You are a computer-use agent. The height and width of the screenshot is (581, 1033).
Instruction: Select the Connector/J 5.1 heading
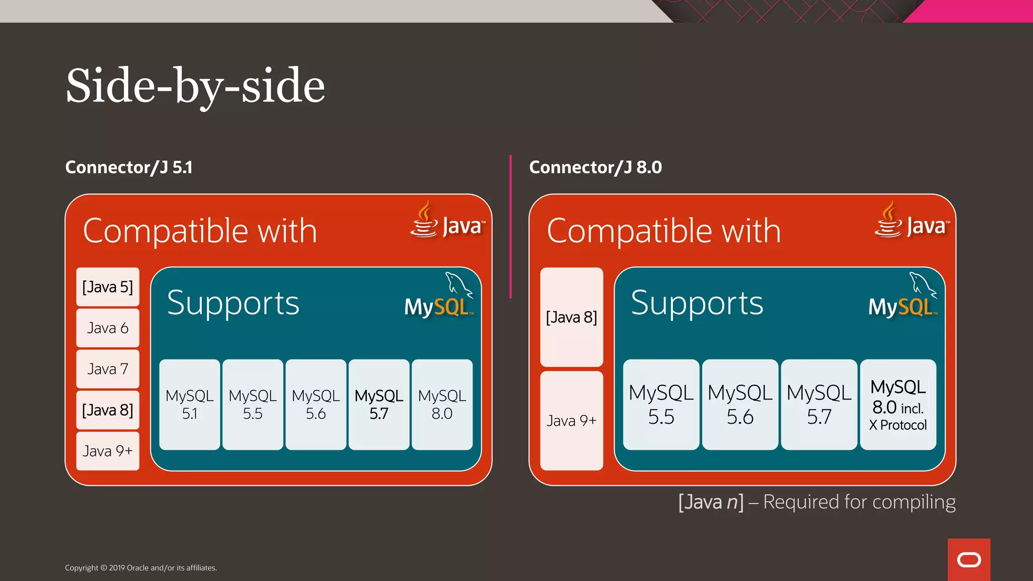click(129, 167)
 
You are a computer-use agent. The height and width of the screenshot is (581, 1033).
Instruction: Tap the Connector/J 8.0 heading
click(595, 167)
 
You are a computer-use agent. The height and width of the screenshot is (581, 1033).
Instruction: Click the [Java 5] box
click(107, 287)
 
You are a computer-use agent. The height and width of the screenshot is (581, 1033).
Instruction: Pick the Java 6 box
click(107, 328)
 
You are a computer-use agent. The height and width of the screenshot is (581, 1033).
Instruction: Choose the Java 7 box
click(107, 369)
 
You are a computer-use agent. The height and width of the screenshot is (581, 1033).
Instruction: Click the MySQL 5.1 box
click(190, 404)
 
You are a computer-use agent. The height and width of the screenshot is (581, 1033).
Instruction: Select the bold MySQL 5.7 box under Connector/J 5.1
click(379, 404)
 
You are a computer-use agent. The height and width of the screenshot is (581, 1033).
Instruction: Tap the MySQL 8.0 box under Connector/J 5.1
click(442, 404)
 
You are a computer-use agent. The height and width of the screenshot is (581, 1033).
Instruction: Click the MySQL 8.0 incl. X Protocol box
click(898, 404)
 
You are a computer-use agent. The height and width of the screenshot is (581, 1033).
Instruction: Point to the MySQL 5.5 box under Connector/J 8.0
click(661, 404)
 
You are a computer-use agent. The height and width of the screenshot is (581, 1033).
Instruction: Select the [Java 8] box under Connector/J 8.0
click(571, 317)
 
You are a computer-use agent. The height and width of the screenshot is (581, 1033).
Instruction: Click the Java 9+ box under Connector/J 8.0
click(571, 420)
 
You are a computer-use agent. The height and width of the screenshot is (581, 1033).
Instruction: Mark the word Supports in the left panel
click(233, 304)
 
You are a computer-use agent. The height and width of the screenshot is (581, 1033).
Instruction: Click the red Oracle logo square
click(968, 559)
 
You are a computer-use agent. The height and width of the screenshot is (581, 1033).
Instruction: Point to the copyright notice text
click(141, 568)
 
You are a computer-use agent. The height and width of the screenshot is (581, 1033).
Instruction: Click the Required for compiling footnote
click(817, 502)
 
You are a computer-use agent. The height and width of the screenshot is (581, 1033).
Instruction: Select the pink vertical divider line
click(510, 227)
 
